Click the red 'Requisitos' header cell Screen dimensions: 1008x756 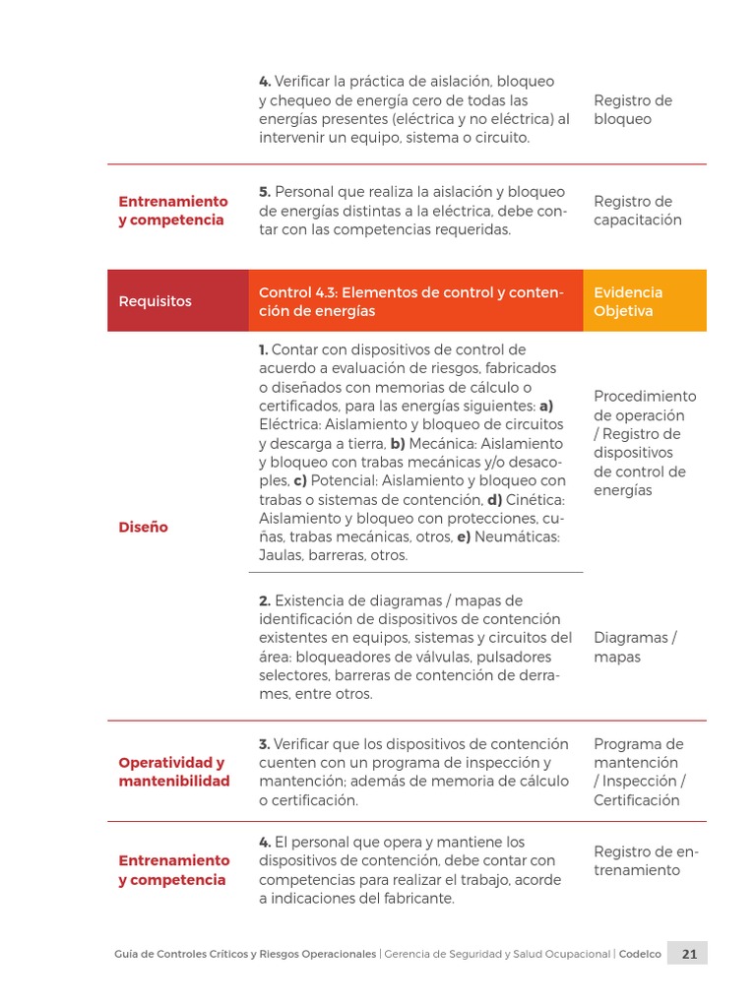click(155, 301)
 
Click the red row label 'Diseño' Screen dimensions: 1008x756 click(143, 527)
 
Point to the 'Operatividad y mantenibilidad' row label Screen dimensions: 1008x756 click(173, 772)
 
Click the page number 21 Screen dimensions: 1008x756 click(689, 953)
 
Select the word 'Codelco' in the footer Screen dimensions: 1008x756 click(640, 954)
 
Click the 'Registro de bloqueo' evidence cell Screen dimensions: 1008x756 click(632, 109)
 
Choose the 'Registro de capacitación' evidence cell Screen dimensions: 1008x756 click(637, 211)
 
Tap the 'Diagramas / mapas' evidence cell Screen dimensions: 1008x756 click(635, 647)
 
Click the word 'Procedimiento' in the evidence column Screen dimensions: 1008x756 click(644, 396)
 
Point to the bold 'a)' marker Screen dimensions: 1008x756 click(546, 406)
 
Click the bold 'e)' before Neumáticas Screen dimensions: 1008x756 click(462, 536)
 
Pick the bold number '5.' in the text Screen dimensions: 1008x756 click(265, 192)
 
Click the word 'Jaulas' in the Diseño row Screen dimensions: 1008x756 click(280, 555)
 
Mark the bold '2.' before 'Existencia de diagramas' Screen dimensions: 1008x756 click(265, 600)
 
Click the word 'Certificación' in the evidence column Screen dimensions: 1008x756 click(636, 800)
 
